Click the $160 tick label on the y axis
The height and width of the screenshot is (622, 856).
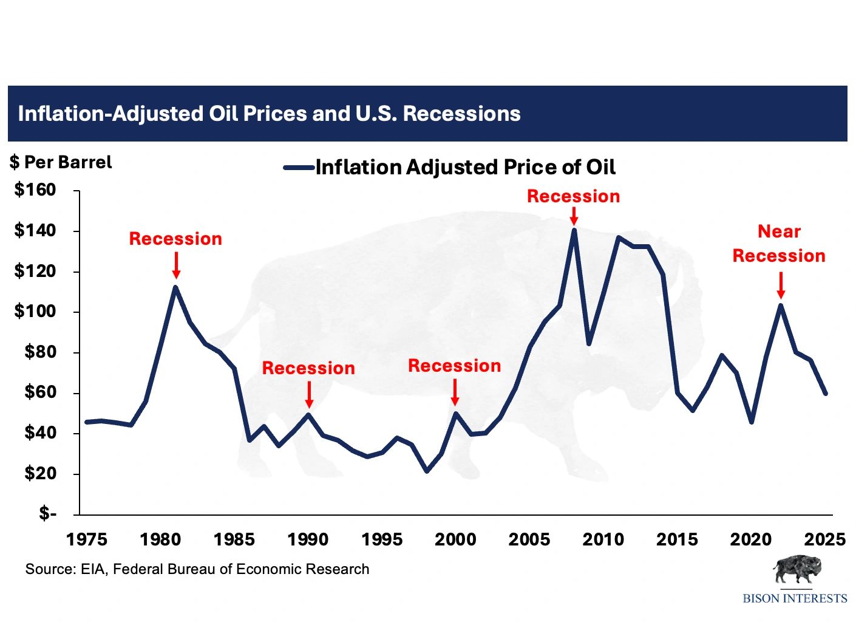point(35,190)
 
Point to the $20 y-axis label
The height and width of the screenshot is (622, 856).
point(40,473)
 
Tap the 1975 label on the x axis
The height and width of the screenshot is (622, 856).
point(87,539)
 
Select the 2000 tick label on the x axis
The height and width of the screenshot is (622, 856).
point(455,539)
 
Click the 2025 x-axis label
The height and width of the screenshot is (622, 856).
point(824,539)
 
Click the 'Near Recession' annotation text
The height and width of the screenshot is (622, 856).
point(779,244)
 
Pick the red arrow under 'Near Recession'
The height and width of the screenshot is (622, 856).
point(781,285)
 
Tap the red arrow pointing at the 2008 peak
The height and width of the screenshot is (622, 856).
point(574,216)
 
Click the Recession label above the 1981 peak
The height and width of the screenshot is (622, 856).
point(175,239)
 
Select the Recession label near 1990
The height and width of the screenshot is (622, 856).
point(308,368)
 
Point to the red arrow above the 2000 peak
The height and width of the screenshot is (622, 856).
point(455,392)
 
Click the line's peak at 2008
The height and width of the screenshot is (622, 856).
point(574,230)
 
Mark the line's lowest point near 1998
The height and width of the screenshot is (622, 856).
point(427,471)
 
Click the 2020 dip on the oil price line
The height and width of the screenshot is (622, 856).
point(752,422)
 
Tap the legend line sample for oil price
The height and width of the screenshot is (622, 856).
point(299,168)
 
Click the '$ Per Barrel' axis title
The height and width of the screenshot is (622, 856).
point(61,162)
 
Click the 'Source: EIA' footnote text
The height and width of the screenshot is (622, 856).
point(197,569)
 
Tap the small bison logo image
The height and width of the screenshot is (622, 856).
point(796,570)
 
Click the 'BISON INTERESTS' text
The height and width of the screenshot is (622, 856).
point(795,598)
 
